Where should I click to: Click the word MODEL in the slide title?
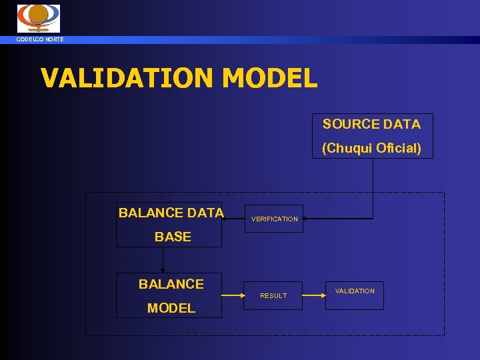(269, 78)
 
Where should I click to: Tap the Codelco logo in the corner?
(38, 18)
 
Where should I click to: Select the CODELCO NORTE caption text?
(41, 40)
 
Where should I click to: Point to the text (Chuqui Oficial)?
(371, 148)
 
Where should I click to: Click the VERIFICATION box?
(275, 219)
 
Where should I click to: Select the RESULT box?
(273, 295)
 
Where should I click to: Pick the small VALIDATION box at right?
(355, 291)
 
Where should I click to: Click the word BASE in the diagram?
(173, 237)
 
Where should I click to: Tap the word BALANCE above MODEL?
(171, 284)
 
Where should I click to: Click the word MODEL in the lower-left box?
(171, 308)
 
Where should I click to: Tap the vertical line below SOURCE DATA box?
(373, 187)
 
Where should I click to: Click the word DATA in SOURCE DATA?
(402, 124)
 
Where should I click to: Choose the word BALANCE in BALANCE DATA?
(151, 213)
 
